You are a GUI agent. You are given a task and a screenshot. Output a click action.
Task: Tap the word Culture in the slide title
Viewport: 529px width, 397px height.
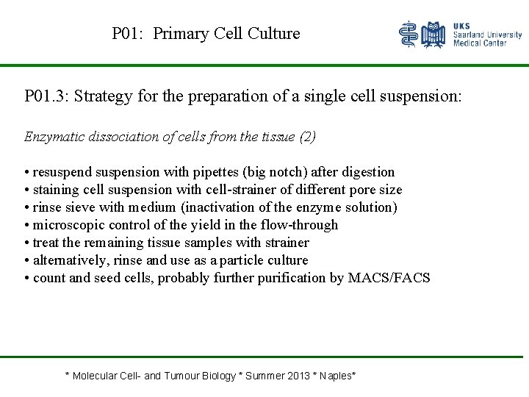tap(274, 34)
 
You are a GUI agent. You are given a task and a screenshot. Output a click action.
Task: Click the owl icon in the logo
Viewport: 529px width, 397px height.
tap(434, 35)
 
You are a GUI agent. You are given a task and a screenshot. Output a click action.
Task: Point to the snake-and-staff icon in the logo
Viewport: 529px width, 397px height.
tap(408, 35)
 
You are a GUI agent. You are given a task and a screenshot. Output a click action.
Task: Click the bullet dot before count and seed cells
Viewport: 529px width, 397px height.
tap(26, 279)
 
